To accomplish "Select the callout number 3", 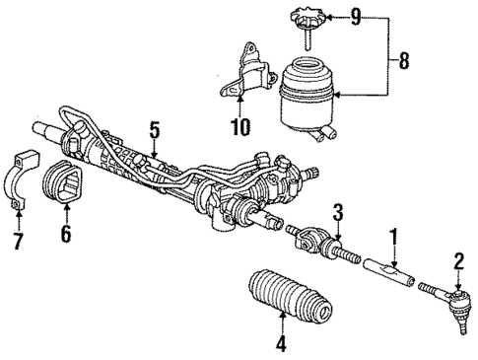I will point(337,211).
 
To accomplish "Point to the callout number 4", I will point(283,346).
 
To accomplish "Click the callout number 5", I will point(154,128).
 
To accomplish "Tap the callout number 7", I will point(16,237).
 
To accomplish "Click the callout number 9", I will point(356,17).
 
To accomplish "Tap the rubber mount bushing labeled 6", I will point(66,186).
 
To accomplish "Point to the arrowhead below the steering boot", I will point(283,317).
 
